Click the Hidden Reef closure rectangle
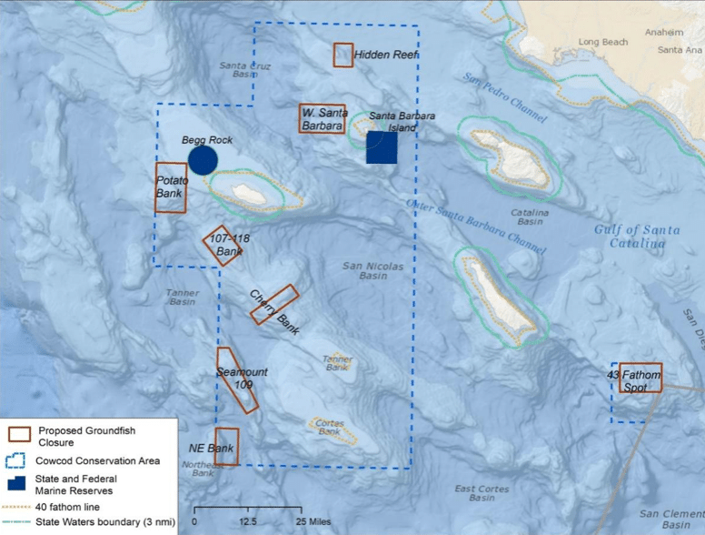click(343, 55)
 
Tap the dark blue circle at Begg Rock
click(203, 160)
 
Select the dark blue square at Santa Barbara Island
click(382, 147)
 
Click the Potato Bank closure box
click(171, 187)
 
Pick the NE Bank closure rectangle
click(227, 447)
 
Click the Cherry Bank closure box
click(274, 304)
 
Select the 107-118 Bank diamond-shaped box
click(223, 245)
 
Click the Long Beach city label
click(602, 42)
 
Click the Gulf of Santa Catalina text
click(637, 236)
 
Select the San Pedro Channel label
click(505, 97)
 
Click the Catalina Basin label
click(530, 217)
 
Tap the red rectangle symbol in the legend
click(18, 433)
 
